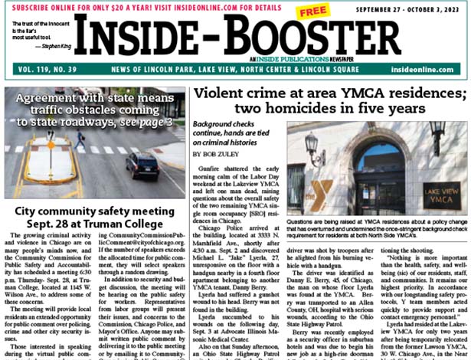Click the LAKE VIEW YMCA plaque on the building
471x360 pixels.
click(x=442, y=188)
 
